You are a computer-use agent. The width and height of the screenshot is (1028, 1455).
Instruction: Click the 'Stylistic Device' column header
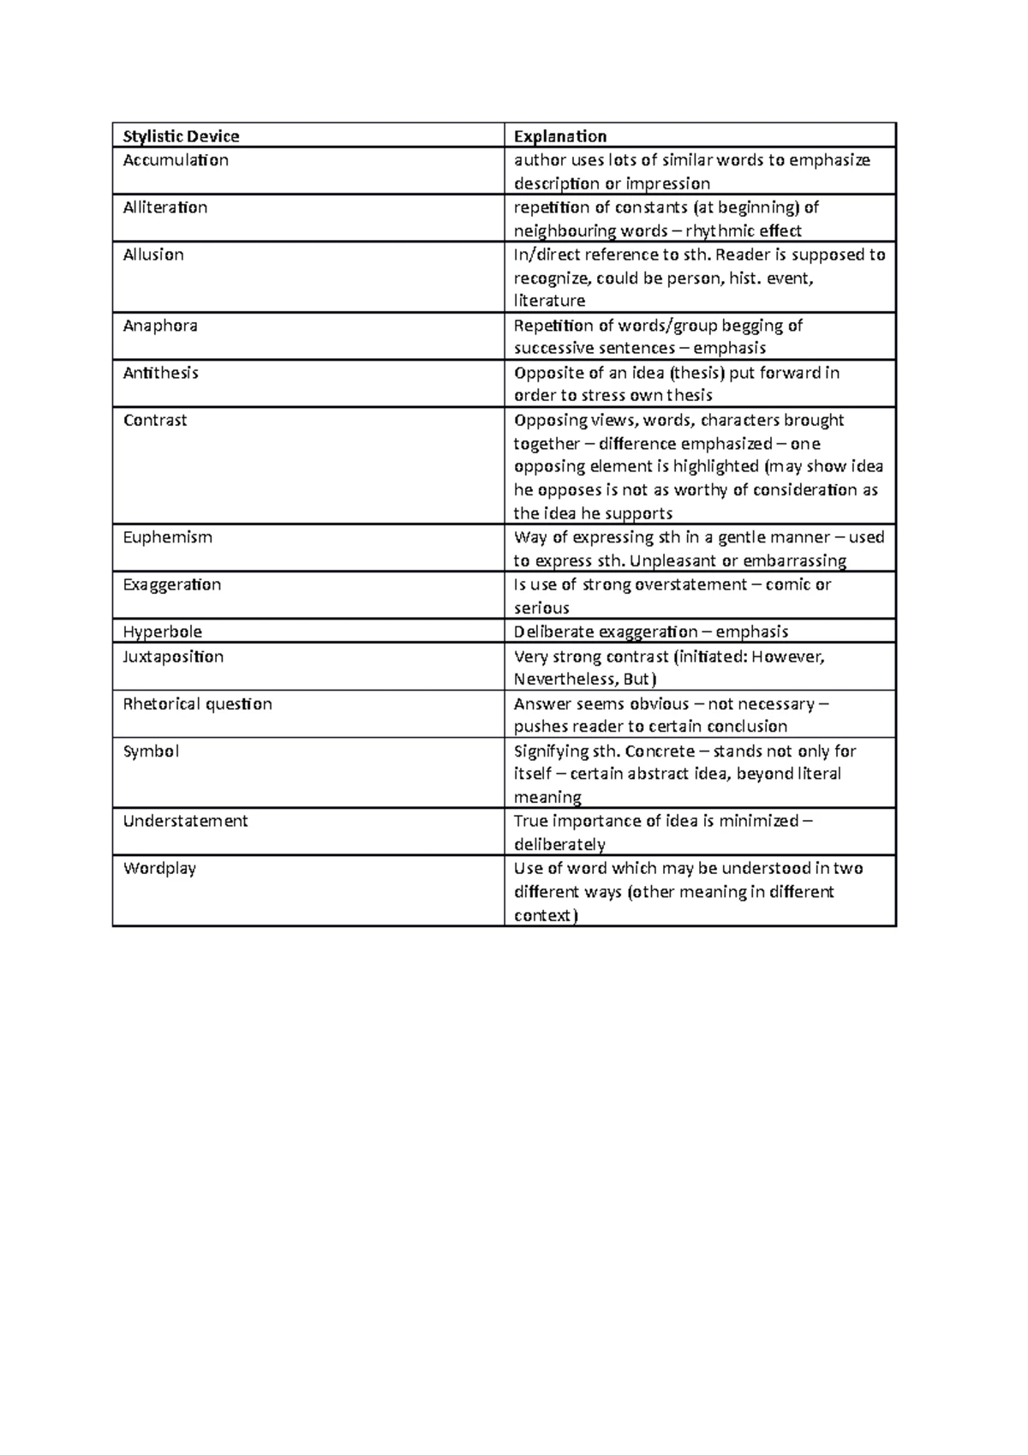tap(181, 136)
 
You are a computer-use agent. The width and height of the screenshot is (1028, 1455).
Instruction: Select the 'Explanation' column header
tap(559, 136)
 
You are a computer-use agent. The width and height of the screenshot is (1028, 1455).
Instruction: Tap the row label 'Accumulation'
tap(176, 160)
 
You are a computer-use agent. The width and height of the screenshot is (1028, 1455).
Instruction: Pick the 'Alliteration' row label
tap(165, 207)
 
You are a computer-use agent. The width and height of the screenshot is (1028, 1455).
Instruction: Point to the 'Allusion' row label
tap(153, 254)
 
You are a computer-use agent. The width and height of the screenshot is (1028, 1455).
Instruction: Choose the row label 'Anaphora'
tap(160, 326)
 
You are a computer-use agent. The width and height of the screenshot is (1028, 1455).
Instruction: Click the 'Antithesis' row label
tap(161, 373)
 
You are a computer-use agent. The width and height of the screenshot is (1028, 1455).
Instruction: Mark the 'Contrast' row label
tap(155, 420)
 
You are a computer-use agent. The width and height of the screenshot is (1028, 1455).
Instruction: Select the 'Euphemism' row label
tap(168, 537)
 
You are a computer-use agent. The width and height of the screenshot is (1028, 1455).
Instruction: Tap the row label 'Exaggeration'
tap(172, 584)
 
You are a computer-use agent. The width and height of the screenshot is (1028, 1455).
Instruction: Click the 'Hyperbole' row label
tap(163, 632)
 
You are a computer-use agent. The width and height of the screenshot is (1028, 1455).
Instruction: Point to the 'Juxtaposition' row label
tap(173, 656)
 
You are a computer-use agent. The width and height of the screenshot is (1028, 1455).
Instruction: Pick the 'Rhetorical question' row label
tap(198, 704)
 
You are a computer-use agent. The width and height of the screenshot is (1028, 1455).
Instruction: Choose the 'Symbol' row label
tap(152, 751)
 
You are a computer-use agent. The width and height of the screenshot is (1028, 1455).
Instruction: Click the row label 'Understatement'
tap(186, 821)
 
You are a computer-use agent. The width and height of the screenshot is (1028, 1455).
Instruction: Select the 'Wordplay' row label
tap(160, 868)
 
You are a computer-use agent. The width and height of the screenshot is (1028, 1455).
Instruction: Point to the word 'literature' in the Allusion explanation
tap(549, 301)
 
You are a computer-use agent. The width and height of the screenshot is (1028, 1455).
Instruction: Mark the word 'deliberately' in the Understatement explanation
tap(559, 845)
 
